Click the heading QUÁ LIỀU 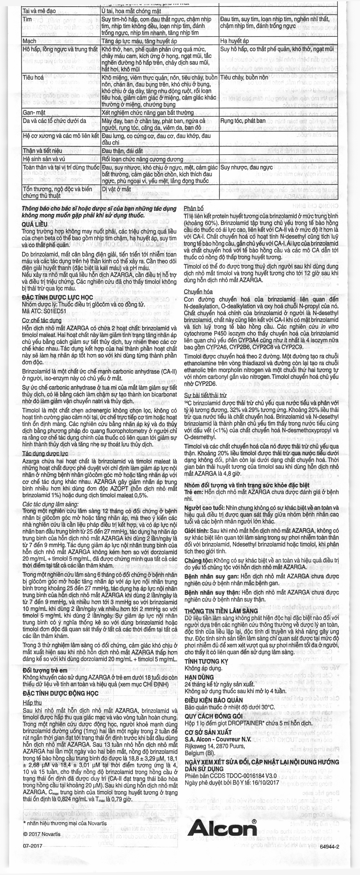[35, 225]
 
